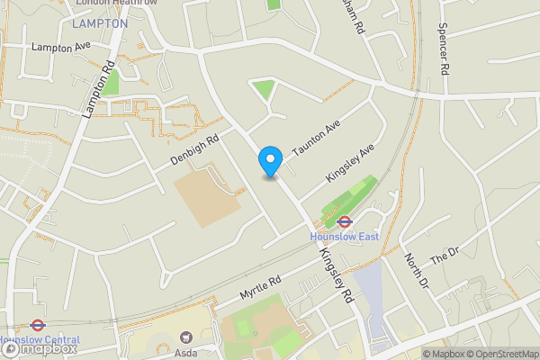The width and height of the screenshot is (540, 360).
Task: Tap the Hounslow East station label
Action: click(x=344, y=237)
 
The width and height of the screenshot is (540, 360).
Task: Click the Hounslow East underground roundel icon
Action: click(x=344, y=221)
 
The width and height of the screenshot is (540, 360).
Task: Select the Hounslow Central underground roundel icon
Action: click(x=38, y=326)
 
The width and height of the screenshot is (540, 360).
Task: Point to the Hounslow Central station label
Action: click(x=40, y=339)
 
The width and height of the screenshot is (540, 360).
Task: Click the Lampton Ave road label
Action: click(x=61, y=45)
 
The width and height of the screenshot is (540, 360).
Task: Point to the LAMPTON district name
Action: click(x=100, y=23)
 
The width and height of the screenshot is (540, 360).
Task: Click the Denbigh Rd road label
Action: click(x=194, y=151)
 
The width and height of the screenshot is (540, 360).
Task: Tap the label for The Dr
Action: click(x=445, y=256)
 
